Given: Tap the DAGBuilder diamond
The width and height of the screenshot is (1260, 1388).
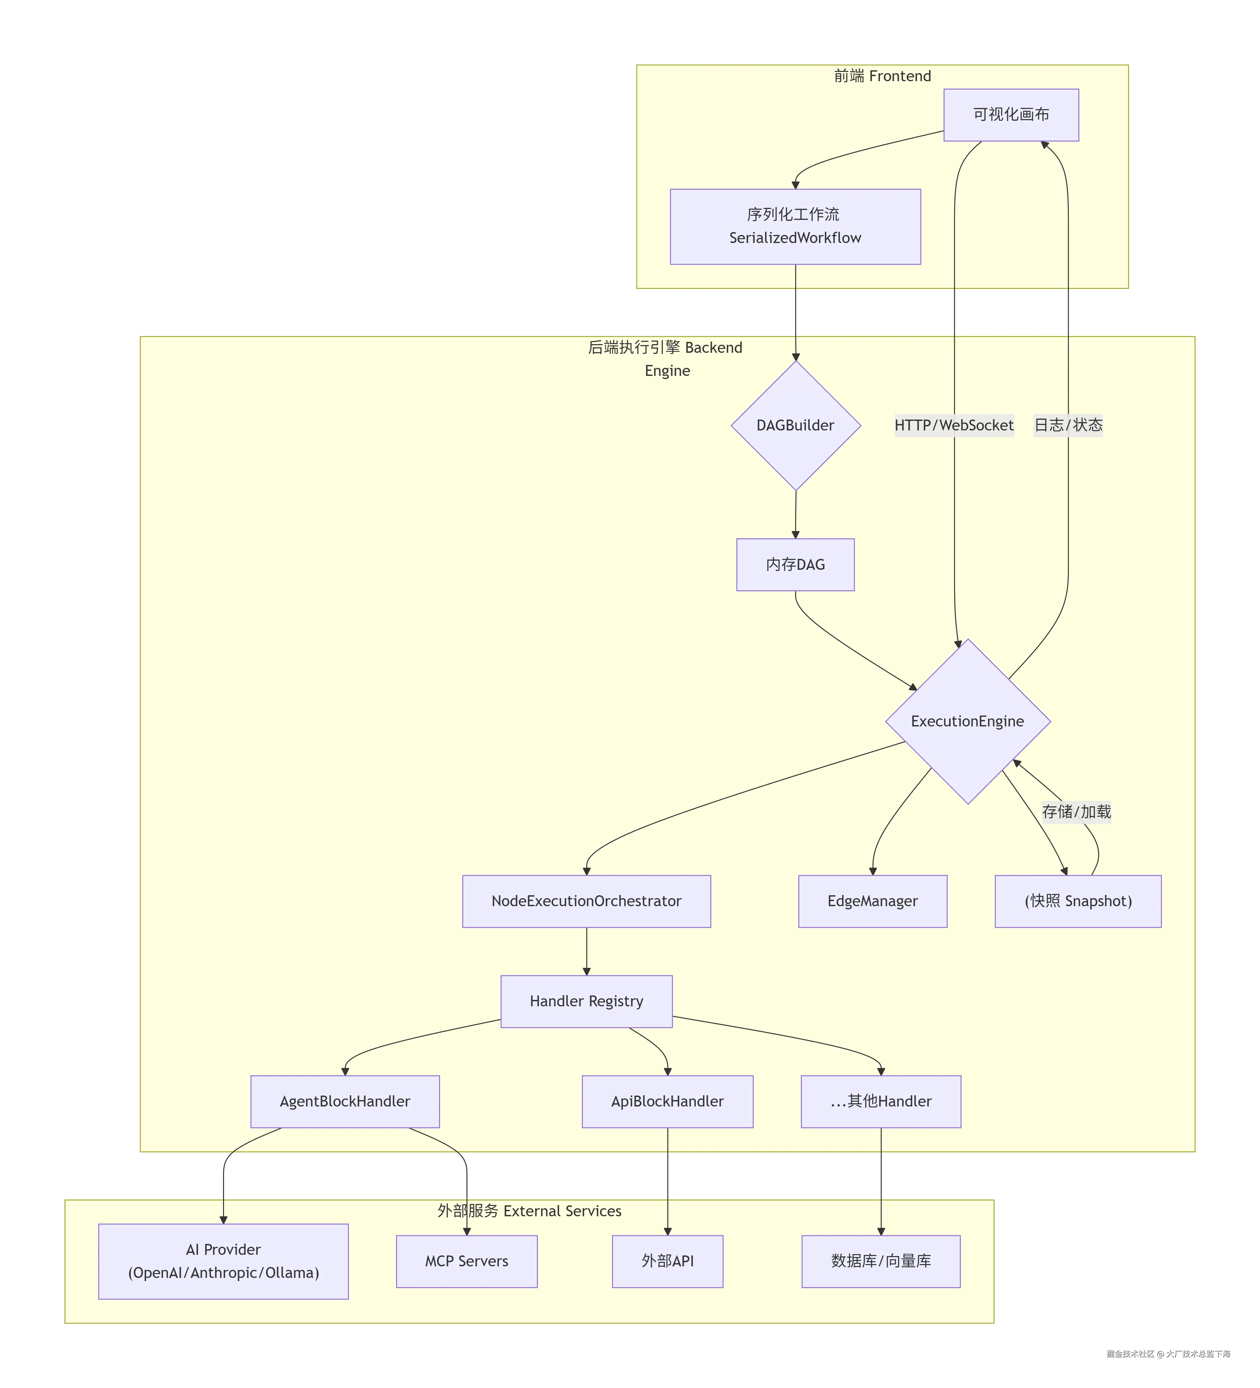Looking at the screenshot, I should click(795, 426).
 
